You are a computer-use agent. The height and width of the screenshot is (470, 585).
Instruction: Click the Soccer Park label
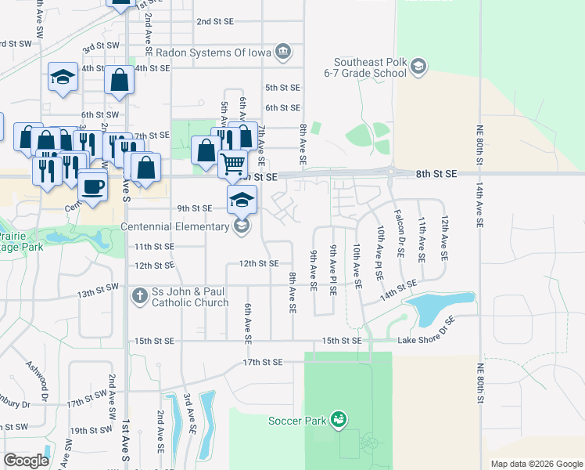[x=296, y=421]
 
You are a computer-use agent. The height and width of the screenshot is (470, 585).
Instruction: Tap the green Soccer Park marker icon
[x=338, y=420]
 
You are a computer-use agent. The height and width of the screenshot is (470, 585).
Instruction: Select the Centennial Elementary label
[x=177, y=227]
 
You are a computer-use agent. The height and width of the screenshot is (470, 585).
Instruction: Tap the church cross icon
[x=139, y=296]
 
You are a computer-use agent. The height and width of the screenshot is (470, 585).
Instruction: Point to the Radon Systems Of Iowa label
[x=214, y=52]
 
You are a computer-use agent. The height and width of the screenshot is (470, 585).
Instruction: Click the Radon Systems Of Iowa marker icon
[x=283, y=52]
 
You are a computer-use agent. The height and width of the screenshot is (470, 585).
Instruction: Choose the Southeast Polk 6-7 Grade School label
[x=370, y=67]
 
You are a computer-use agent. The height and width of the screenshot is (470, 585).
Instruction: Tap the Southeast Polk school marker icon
[x=418, y=67]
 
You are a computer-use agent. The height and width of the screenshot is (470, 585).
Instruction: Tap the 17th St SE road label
[x=261, y=363]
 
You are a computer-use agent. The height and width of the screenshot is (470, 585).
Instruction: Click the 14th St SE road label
[x=397, y=291]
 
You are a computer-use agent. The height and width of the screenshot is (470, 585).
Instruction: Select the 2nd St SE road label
[x=216, y=22]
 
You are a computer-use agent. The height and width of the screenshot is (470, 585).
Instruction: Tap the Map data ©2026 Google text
[x=537, y=464]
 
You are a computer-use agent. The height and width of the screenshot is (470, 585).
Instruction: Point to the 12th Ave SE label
[x=444, y=238]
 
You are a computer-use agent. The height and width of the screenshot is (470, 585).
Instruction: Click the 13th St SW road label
[x=98, y=293]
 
